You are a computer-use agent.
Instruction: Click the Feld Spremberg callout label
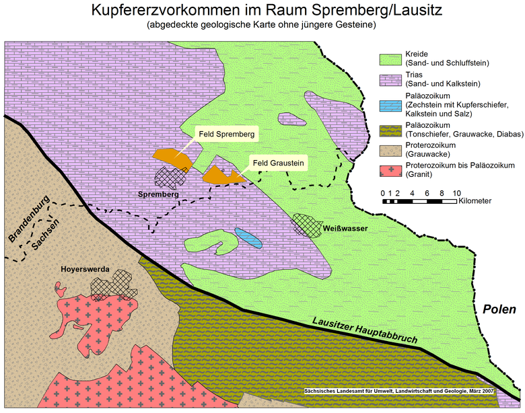click(x=226, y=135)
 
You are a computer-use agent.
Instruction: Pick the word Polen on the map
click(x=499, y=310)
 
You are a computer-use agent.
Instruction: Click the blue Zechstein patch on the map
click(x=248, y=237)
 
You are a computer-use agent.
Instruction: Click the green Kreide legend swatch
click(x=390, y=59)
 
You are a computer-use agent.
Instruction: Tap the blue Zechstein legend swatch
click(x=390, y=106)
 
